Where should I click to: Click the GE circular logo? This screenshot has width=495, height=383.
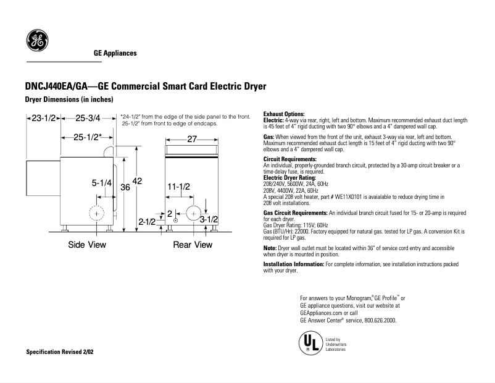pyautogui.click(x=36, y=41)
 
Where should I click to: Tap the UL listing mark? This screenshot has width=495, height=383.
pyautogui.click(x=309, y=343)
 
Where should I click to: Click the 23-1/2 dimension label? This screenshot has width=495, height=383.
pyautogui.click(x=44, y=117)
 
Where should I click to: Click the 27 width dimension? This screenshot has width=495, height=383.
pyautogui.click(x=191, y=140)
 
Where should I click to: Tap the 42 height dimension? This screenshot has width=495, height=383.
pyautogui.click(x=137, y=181)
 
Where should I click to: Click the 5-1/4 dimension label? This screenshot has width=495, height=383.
pyautogui.click(x=101, y=183)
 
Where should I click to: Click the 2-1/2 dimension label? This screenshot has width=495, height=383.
pyautogui.click(x=148, y=221)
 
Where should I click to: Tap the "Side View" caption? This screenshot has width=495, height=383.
pyautogui.click(x=87, y=245)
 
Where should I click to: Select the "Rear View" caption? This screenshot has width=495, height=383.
pyautogui.click(x=192, y=245)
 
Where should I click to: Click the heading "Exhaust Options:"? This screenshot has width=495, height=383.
pyautogui.click(x=284, y=114)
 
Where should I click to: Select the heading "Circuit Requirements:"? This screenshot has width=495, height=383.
pyautogui.click(x=289, y=159)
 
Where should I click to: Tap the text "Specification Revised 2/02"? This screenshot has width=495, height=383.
pyautogui.click(x=60, y=351)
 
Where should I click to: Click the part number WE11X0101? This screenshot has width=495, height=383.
pyautogui.click(x=351, y=196)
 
